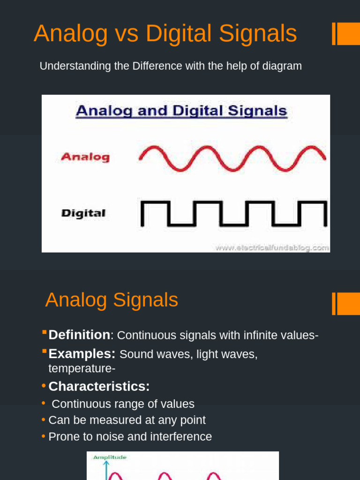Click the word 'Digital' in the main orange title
pyautogui.click(x=177, y=34)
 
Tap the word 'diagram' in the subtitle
pyautogui.click(x=282, y=66)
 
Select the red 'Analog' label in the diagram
pyautogui.click(x=85, y=157)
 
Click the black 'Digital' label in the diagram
pyautogui.click(x=83, y=213)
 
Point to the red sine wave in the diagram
pyautogui.click(x=232, y=158)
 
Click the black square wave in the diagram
pyautogui.click(x=233, y=214)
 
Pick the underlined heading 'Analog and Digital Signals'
pyautogui.click(x=181, y=111)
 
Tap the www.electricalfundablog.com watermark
pyautogui.click(x=272, y=247)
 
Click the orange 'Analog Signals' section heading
pyautogui.click(x=112, y=300)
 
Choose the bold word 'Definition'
pyautogui.click(x=79, y=335)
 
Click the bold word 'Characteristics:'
pyautogui.click(x=99, y=387)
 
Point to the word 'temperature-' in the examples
pyautogui.click(x=82, y=369)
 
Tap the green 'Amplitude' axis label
pyautogui.click(x=110, y=457)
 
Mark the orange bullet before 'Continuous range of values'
pyautogui.click(x=44, y=403)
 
